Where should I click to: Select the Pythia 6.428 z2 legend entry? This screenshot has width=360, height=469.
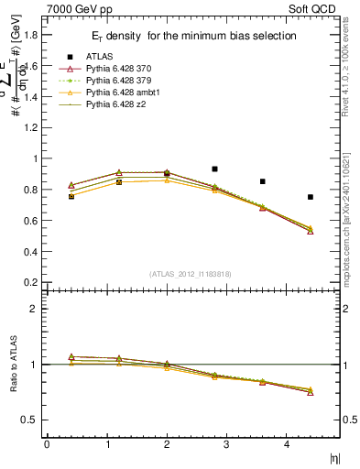116,105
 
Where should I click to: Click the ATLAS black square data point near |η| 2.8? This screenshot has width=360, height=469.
214,169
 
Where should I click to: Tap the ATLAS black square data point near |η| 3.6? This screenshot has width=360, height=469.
262,181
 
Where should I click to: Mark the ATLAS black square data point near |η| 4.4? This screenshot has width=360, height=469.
311,197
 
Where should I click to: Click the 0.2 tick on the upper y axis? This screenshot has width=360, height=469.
29,282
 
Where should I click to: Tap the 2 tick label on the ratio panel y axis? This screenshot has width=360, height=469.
33,310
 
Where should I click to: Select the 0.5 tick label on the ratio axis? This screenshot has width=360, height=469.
29,420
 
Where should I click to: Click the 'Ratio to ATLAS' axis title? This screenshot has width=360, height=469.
13,365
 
